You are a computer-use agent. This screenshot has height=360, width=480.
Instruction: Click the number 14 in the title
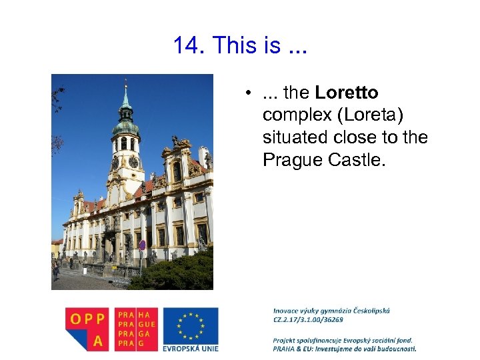click(x=188, y=46)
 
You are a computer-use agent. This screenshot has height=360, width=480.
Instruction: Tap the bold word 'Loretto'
click(x=347, y=93)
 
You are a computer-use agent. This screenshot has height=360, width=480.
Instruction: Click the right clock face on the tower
click(x=133, y=162)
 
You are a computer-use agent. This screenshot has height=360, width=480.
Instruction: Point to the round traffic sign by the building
click(x=142, y=245)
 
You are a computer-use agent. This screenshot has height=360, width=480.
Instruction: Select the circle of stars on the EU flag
click(x=190, y=325)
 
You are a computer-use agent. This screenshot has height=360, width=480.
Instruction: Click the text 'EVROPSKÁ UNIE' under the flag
click(x=190, y=347)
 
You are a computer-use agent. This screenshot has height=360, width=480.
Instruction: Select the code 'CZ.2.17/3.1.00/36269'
click(x=308, y=319)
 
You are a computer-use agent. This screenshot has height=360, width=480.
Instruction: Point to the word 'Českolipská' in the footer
click(x=366, y=310)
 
